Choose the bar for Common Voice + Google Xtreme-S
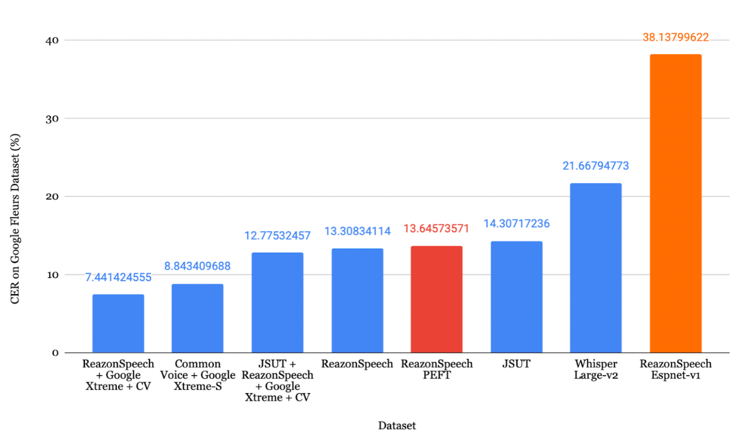[197, 318]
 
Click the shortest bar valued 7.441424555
[118, 323]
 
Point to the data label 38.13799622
[675, 37]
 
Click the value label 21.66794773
[595, 166]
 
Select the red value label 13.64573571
[436, 229]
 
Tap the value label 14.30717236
[516, 224]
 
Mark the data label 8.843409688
[197, 266]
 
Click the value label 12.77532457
[277, 236]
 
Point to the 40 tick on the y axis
[52, 41]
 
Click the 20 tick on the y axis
[52, 197]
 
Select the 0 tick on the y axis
[55, 353]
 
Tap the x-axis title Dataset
[397, 425]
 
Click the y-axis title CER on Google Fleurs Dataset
[15, 219]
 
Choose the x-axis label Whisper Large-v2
[596, 370]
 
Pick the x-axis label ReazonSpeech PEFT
[436, 370]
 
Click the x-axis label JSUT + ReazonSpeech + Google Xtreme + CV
[277, 381]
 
